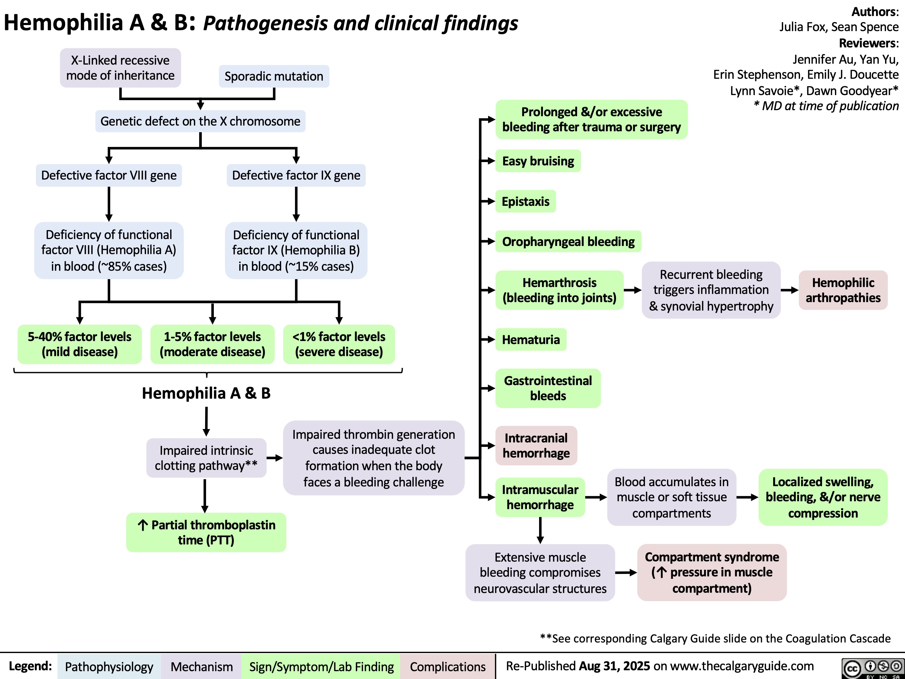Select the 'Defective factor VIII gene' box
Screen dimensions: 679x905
(x=109, y=175)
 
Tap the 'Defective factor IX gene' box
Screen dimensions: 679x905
(x=296, y=175)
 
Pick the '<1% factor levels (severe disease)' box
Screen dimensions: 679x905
(x=339, y=344)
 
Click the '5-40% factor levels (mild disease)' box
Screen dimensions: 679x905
(x=80, y=344)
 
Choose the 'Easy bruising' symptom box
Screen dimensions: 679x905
(x=538, y=161)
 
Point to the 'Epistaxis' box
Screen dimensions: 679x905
(x=526, y=201)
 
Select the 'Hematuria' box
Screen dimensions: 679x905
(x=531, y=340)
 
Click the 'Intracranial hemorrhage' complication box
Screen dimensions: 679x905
(x=536, y=446)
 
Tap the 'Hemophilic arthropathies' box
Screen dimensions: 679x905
(x=843, y=290)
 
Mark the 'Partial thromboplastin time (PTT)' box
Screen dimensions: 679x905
(x=206, y=532)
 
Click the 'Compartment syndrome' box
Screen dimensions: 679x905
(x=712, y=572)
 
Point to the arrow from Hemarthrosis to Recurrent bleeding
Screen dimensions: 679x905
(x=633, y=291)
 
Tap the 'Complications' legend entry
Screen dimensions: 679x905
(x=448, y=667)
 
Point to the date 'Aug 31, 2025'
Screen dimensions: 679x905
(x=614, y=666)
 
